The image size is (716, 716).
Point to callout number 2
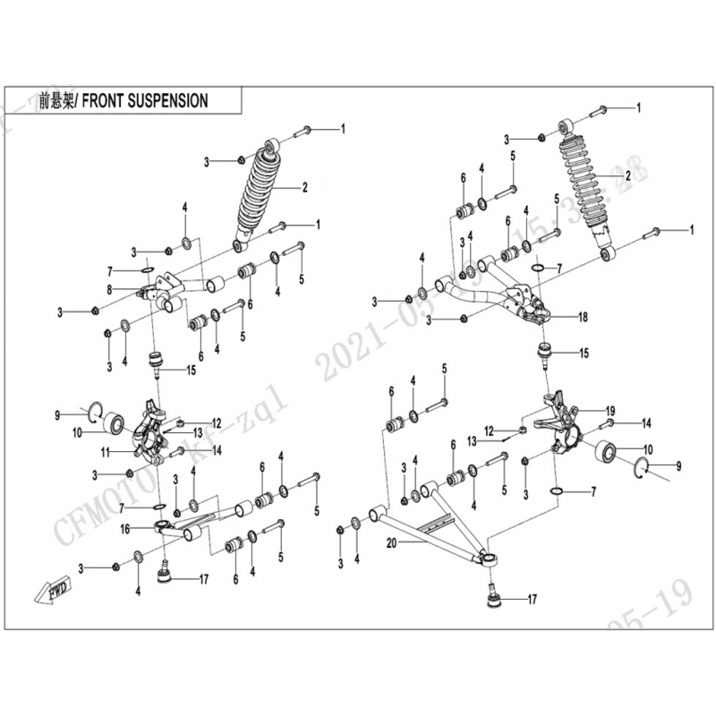(304, 188)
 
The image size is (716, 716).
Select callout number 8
(110, 289)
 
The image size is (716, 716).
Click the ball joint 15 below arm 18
(544, 351)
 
